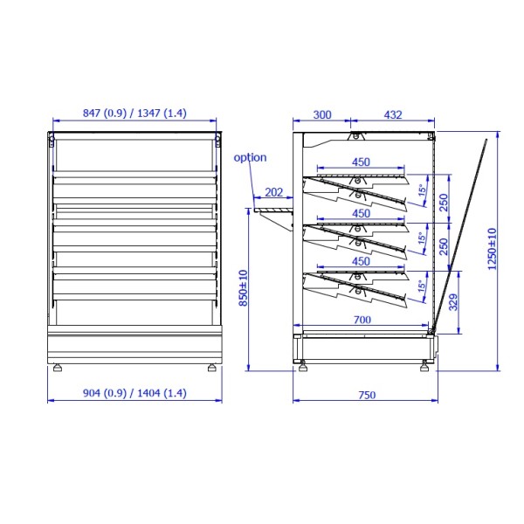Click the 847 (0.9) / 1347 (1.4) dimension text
click(134, 114)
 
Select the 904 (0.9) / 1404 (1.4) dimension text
click(134, 393)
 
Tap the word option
click(250, 157)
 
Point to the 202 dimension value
click(273, 192)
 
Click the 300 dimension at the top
click(322, 115)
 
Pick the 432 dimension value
click(393, 115)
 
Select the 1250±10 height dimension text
click(493, 249)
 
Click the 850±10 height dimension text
click(244, 288)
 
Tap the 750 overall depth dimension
click(367, 396)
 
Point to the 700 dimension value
click(362, 321)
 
